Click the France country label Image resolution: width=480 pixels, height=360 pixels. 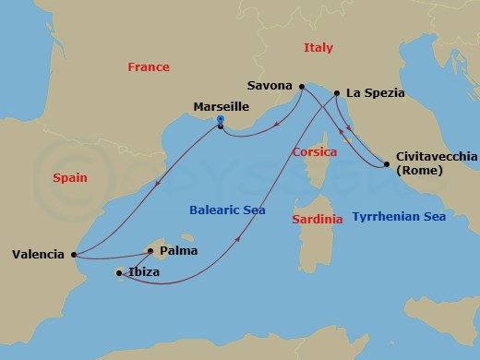pyautogui.click(x=148, y=67)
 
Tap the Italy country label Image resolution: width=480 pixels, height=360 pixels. pyautogui.click(x=318, y=47)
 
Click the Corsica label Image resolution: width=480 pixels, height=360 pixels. pyautogui.click(x=314, y=151)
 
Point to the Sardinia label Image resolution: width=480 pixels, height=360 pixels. pyautogui.click(x=317, y=219)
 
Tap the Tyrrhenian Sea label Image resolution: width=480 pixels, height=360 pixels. pyautogui.click(x=399, y=217)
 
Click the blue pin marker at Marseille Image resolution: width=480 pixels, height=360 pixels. pyautogui.click(x=220, y=119)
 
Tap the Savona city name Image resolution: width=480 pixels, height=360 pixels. pyautogui.click(x=270, y=85)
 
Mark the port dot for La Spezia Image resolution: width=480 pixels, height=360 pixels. pyautogui.click(x=337, y=93)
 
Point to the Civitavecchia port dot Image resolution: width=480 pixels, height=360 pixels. pyautogui.click(x=386, y=164)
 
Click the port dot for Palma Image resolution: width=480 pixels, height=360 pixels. pyautogui.click(x=150, y=249)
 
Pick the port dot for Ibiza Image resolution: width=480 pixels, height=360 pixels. pyautogui.click(x=119, y=272)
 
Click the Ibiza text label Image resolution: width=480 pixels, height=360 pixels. pyautogui.click(x=143, y=272)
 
